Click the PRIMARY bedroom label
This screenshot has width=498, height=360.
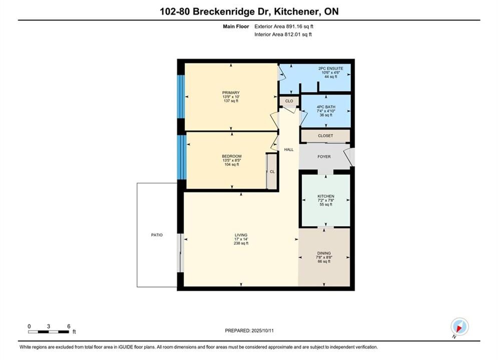pyautogui.click(x=231, y=92)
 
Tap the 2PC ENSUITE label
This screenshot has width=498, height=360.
pyautogui.click(x=331, y=68)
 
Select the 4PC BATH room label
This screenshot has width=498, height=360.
pyautogui.click(x=326, y=107)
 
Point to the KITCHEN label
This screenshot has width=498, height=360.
pyautogui.click(x=326, y=196)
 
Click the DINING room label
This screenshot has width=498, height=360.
pyautogui.click(x=324, y=253)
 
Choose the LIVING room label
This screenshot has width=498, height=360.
pyautogui.click(x=241, y=235)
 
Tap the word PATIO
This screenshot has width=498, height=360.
pyautogui.click(x=157, y=235)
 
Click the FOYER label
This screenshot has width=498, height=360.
pyautogui.click(x=324, y=156)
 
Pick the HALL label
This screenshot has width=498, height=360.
pyautogui.click(x=289, y=149)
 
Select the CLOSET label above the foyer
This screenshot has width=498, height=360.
pyautogui.click(x=325, y=136)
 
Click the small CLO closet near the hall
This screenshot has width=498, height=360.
pyautogui.click(x=289, y=101)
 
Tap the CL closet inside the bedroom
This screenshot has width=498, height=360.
pyautogui.click(x=272, y=172)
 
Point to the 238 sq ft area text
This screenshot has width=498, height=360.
pyautogui.click(x=241, y=243)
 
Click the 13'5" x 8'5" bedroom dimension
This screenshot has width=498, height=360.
pyautogui.click(x=232, y=160)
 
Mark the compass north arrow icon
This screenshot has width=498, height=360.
pyautogui.click(x=459, y=326)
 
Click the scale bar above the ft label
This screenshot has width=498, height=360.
pyautogui.click(x=49, y=332)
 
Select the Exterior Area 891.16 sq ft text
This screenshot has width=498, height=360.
pyautogui.click(x=284, y=26)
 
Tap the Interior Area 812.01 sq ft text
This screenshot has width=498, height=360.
pyautogui.click(x=283, y=34)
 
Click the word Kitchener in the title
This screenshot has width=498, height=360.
pyautogui.click(x=296, y=11)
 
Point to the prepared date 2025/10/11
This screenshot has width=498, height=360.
pyautogui.click(x=262, y=330)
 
